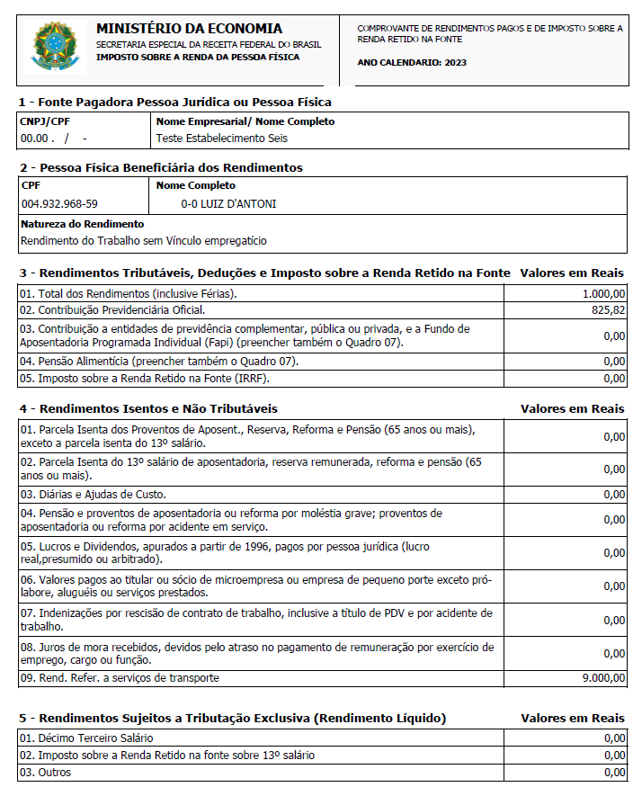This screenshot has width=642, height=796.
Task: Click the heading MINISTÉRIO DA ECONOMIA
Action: click(x=189, y=29)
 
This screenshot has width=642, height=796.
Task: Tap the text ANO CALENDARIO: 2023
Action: click(x=412, y=63)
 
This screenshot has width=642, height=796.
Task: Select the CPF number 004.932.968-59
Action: click(x=59, y=204)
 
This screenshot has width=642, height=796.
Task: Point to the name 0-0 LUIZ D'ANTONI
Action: click(x=228, y=204)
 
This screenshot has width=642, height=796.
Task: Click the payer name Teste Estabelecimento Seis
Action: click(x=222, y=139)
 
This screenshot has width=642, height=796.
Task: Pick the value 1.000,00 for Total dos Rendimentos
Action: click(x=604, y=293)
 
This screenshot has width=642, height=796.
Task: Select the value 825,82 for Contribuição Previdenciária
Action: click(x=609, y=310)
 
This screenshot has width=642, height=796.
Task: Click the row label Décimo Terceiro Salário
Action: click(x=85, y=738)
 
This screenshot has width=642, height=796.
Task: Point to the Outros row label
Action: click(x=45, y=773)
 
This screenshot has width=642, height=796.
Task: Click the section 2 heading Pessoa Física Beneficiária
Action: click(x=161, y=167)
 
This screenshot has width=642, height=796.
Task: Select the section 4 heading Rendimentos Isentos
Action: click(x=148, y=408)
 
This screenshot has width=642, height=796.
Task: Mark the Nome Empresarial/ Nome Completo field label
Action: click(x=245, y=121)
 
